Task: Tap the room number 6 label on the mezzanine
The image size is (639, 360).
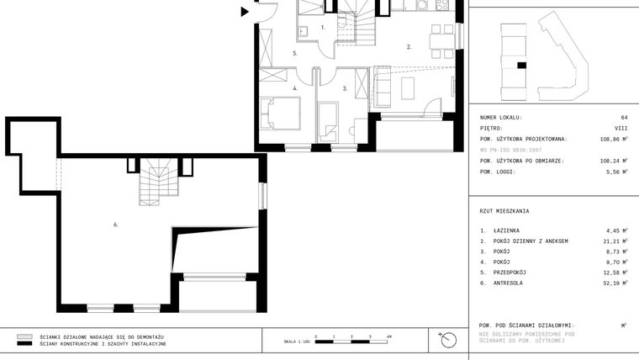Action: [115, 225]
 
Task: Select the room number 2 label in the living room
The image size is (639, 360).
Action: [409, 47]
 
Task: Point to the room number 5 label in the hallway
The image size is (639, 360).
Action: [295, 54]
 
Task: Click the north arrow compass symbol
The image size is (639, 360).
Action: [447, 340]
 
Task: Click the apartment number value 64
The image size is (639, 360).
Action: [624, 117]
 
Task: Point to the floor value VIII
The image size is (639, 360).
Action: [621, 128]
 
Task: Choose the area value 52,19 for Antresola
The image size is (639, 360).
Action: [616, 283]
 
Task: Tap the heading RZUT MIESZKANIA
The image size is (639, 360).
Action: [504, 211]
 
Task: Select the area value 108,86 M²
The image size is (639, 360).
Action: [614, 139]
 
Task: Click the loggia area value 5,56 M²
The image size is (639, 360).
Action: [617, 172]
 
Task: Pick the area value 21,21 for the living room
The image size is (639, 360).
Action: [616, 241]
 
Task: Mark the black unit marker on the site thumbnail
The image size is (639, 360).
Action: [521, 65]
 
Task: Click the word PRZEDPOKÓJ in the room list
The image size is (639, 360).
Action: [510, 273]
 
